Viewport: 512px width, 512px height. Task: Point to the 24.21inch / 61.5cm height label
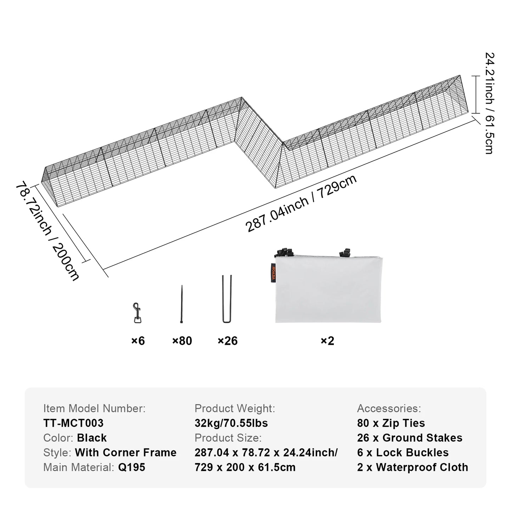click(x=489, y=103)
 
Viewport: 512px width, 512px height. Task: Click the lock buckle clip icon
click(x=137, y=313)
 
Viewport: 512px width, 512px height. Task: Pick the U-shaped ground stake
click(x=227, y=299)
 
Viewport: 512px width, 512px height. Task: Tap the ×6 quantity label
click(x=138, y=341)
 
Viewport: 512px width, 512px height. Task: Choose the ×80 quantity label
click(x=182, y=341)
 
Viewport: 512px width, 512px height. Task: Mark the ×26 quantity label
click(x=227, y=341)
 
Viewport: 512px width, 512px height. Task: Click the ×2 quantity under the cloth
click(x=327, y=341)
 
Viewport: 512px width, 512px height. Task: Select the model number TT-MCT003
click(x=73, y=423)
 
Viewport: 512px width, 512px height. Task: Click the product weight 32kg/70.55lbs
click(x=231, y=423)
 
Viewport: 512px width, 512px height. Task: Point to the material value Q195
click(x=131, y=467)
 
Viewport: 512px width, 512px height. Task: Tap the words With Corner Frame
click(x=125, y=452)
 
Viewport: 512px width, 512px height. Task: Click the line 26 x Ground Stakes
click(x=410, y=438)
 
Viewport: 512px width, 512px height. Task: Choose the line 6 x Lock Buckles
click(x=403, y=452)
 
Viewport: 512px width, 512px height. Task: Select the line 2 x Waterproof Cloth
click(x=412, y=467)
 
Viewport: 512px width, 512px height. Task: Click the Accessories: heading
click(x=389, y=409)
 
